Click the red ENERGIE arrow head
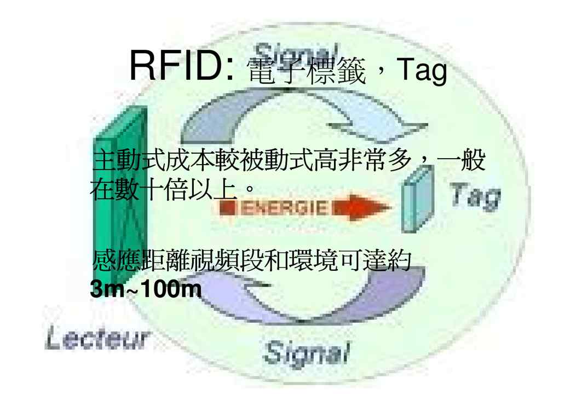click(x=372, y=207)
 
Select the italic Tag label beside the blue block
click(x=475, y=195)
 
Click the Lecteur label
click(x=97, y=340)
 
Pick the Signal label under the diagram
click(x=307, y=352)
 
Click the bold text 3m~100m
click(x=146, y=290)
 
